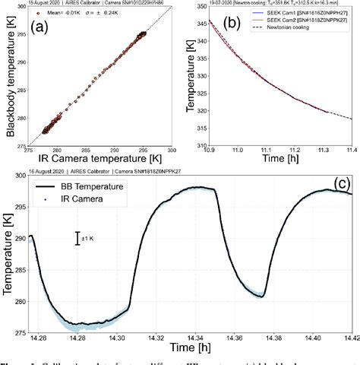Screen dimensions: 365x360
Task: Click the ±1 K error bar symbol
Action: (78, 239)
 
